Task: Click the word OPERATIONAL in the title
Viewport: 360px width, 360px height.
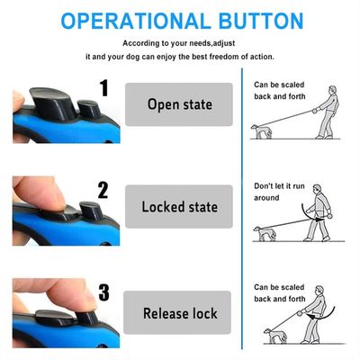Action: (x=136, y=21)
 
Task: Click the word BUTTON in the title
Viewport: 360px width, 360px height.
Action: (x=261, y=21)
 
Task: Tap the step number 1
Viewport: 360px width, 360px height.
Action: (x=104, y=88)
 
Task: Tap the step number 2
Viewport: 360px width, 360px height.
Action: (x=103, y=190)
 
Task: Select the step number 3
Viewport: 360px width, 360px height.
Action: (x=104, y=292)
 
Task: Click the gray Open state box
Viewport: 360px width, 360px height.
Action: (x=179, y=104)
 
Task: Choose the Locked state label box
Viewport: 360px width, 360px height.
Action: (x=179, y=207)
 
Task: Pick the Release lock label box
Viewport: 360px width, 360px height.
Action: (x=177, y=312)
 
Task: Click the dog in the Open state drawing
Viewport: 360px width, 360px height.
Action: (x=261, y=131)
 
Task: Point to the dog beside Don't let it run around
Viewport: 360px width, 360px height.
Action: (x=265, y=234)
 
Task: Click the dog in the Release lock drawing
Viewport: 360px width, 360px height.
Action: (x=275, y=336)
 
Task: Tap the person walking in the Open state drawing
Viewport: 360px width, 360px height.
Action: (x=327, y=112)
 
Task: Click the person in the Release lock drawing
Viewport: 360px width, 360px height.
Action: (x=315, y=314)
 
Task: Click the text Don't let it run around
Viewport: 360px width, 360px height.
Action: (x=279, y=192)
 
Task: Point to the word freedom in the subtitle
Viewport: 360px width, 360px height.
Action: (x=224, y=57)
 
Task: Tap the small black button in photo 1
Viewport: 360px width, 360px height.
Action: (x=88, y=109)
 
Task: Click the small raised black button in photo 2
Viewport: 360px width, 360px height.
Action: (x=91, y=211)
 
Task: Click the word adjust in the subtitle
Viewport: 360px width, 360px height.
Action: (x=224, y=43)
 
